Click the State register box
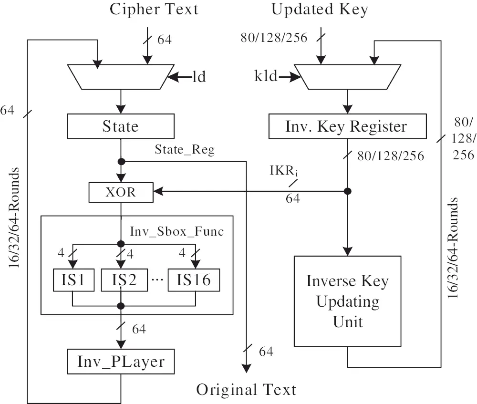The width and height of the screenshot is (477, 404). point(120,126)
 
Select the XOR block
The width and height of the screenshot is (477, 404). point(121,192)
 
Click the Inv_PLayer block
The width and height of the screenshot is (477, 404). point(120,362)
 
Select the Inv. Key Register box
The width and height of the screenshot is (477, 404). point(347,126)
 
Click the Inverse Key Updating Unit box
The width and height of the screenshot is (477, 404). point(347,301)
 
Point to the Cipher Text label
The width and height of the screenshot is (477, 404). point(154,10)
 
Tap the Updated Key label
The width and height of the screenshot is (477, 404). point(320,10)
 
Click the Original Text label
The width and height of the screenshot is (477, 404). point(246,389)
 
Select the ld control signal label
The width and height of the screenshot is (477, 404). point(199,76)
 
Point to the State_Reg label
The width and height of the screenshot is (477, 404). point(185,150)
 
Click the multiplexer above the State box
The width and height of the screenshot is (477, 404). point(120,77)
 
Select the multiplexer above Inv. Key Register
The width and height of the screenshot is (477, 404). point(347,77)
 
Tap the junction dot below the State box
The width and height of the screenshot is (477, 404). point(121,161)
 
